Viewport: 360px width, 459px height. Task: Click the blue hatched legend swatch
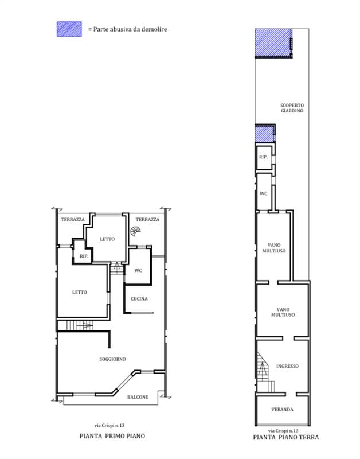[69, 29]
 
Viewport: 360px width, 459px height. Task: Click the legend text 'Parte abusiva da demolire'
[130, 29]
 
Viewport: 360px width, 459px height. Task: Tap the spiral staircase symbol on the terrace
[135, 231]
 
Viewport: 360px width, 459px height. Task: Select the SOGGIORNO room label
[112, 359]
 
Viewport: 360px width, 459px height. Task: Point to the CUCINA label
[139, 299]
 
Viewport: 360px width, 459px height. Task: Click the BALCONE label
[138, 397]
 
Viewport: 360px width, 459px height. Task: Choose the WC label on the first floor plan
[138, 270]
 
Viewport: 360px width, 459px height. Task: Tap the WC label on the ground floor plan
[264, 193]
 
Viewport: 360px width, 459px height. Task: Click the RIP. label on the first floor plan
[84, 256]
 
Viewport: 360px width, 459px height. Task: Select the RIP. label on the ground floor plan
[263, 157]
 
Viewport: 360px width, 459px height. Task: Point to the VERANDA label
[282, 410]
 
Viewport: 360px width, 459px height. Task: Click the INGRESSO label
[287, 366]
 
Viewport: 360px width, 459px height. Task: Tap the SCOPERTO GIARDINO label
[292, 108]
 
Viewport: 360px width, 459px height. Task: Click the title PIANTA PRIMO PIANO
[112, 436]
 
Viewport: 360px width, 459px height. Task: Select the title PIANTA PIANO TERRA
[286, 437]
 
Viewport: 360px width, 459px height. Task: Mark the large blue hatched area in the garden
[273, 42]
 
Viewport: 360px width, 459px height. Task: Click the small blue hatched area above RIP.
[265, 133]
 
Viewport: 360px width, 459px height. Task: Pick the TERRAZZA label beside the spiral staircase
[147, 220]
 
